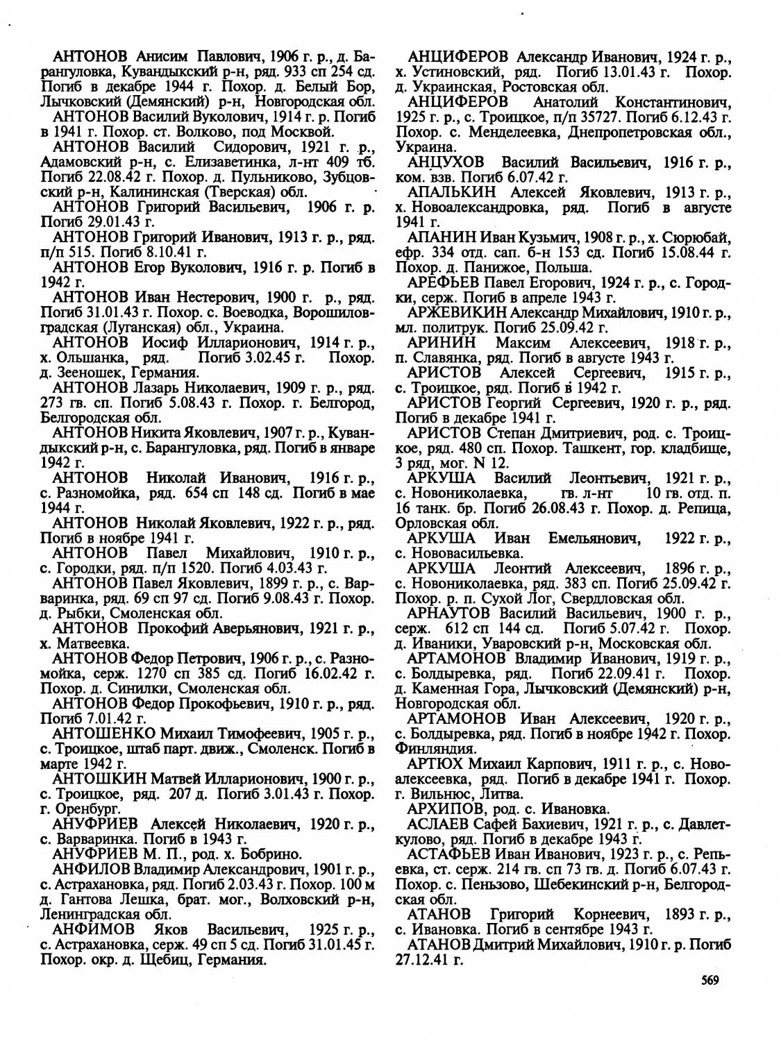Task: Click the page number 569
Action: coord(708,980)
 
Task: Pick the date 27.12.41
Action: coord(424,959)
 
